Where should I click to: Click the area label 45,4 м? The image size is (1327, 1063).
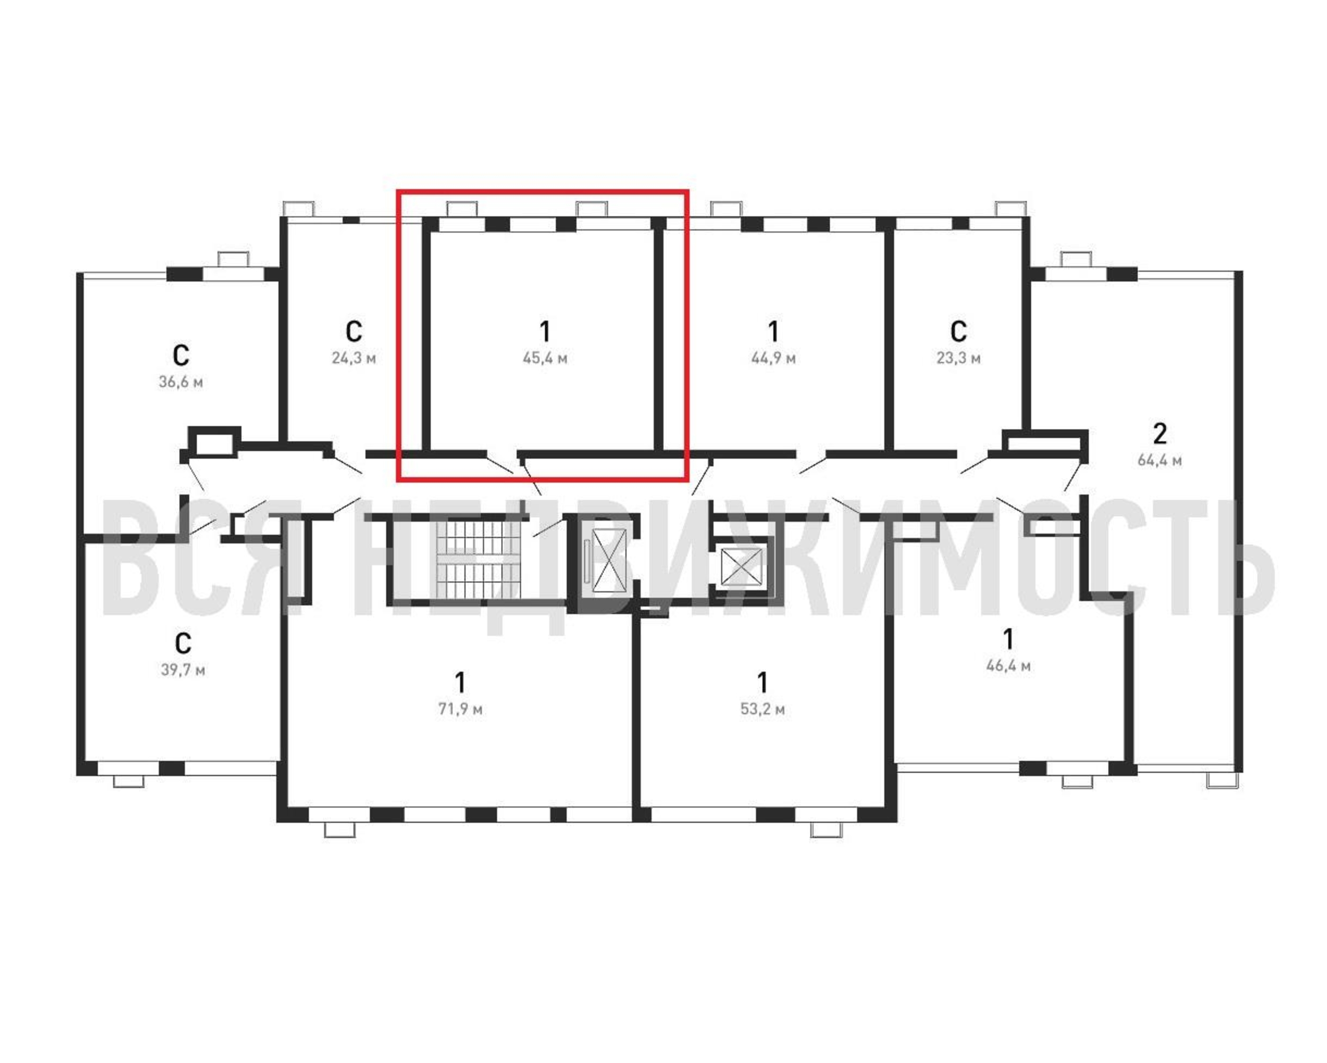pos(545,358)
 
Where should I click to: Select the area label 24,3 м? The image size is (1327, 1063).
pos(353,358)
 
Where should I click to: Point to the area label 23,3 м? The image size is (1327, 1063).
pos(958,358)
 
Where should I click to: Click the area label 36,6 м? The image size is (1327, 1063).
pos(180,382)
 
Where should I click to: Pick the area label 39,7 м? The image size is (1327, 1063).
pos(183,670)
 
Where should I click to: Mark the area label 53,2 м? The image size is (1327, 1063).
pos(762,709)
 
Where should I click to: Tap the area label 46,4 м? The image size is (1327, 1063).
pos(1008,666)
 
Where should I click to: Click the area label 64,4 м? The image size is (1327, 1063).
pos(1159,460)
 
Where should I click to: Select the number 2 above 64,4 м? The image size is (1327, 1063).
pos(1159,434)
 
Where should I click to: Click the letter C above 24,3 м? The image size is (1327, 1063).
pos(353,332)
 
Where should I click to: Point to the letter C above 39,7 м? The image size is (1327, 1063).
pos(183,644)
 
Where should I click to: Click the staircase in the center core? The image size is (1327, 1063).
pos(478,559)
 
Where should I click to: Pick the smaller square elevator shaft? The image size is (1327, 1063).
pos(741,566)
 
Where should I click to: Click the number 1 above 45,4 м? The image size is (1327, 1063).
pos(545,332)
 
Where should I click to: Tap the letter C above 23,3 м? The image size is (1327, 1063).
pos(958,332)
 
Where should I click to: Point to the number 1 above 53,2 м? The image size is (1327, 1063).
pos(762,683)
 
